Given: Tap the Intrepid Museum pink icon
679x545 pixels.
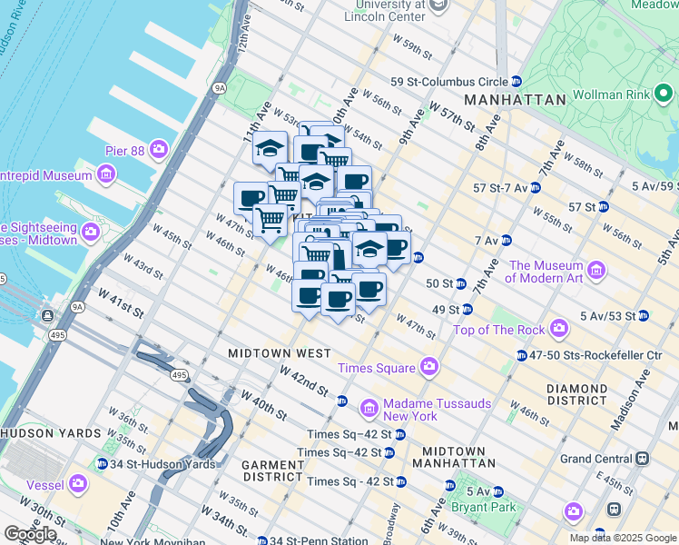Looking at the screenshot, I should point(107,173).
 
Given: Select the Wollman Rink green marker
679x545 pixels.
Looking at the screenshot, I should point(664,94).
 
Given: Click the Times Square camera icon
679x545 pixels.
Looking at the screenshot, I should point(429,368).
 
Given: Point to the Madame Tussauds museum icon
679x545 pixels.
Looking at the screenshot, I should point(369,409).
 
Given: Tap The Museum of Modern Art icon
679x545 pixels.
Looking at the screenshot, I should point(596,270).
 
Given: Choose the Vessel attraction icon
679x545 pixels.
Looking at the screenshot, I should point(79,484).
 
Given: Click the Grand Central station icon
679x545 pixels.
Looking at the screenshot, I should point(642,459).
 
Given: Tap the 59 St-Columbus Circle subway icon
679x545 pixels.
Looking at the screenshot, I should point(516,82).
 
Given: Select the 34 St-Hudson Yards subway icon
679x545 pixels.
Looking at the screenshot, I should point(103,464).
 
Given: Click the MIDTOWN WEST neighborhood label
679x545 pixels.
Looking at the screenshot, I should point(279,352).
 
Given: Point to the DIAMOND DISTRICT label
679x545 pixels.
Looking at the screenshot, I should point(576,394).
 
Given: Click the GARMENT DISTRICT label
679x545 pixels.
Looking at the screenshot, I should point(271,471).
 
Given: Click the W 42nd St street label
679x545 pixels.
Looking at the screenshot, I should point(304,380).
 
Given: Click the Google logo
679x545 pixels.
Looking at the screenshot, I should point(30,534).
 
